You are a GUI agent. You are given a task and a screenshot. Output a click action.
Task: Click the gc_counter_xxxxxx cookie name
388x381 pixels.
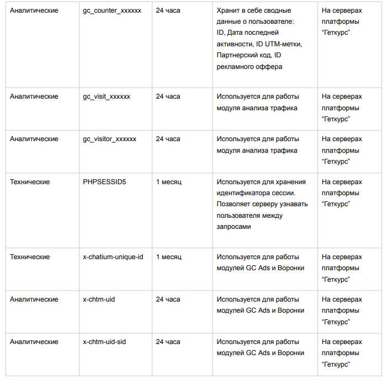click(112, 10)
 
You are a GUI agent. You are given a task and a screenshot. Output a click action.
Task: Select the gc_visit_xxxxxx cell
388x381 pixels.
click(107, 96)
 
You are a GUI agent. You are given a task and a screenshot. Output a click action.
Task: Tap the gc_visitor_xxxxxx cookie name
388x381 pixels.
click(109, 139)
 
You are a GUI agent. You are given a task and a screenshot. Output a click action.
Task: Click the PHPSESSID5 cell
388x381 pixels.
click(104, 182)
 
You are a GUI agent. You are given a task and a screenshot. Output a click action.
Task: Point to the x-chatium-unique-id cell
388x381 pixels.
click(113, 257)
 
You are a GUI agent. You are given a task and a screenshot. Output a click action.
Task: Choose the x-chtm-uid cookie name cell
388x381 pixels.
click(99, 299)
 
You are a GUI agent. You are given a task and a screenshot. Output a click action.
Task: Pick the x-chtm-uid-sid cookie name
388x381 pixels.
click(104, 342)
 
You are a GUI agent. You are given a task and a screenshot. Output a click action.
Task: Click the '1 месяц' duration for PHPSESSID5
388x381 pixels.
click(168, 182)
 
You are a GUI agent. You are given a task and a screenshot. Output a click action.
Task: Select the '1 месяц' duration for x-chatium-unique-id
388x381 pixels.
click(168, 257)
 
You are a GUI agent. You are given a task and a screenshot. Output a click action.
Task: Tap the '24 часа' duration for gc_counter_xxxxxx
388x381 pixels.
click(168, 10)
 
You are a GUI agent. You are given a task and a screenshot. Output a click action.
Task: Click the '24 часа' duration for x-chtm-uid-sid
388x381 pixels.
click(168, 342)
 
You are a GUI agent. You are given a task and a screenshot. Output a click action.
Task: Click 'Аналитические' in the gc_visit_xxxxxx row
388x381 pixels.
click(34, 96)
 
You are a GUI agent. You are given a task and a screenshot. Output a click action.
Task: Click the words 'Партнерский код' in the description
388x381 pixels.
click(244, 56)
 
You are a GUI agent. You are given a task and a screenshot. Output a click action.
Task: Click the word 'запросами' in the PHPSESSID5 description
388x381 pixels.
click(233, 227)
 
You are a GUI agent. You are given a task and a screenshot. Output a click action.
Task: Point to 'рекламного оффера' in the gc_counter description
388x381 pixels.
click(249, 67)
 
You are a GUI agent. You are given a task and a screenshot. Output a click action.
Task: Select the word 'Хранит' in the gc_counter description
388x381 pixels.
click(227, 10)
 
